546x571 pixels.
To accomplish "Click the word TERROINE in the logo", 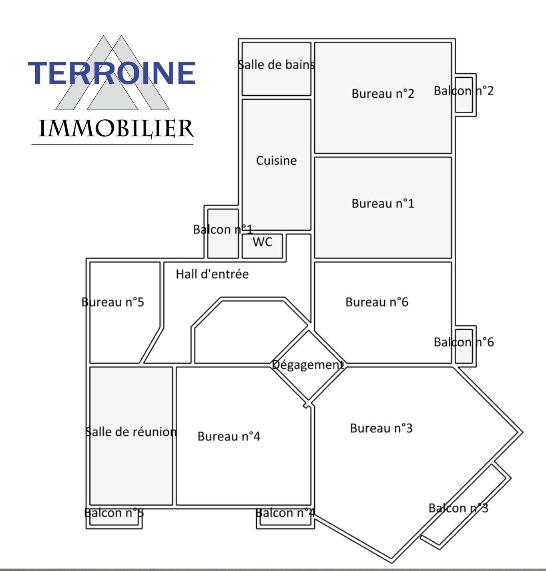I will point(112,73).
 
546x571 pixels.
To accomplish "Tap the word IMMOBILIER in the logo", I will point(116,129).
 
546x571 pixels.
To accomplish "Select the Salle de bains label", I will point(276,65).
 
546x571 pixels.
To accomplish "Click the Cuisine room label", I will point(276,161).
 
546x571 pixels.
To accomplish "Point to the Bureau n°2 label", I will point(383,94).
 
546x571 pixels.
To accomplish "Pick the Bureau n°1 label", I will point(383,203).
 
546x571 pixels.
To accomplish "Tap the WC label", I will point(262,242).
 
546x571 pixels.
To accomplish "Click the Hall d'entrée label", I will point(212,274).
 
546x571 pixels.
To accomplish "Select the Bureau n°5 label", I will point(112,302).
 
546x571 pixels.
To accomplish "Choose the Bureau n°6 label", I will point(377,302).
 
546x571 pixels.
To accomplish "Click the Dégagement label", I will point(308,365).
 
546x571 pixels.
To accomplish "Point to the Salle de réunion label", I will point(131,432).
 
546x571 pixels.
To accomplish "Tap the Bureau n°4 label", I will point(229,436).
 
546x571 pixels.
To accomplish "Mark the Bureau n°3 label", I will point(381,428).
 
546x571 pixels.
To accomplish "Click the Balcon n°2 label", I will point(464,91).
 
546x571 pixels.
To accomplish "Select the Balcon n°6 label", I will point(464,342).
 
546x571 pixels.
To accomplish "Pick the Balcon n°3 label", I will point(458,508).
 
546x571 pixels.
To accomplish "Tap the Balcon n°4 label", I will point(285,513).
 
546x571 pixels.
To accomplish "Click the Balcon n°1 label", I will point(223,229).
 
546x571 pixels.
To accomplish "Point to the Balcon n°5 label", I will point(114,513).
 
